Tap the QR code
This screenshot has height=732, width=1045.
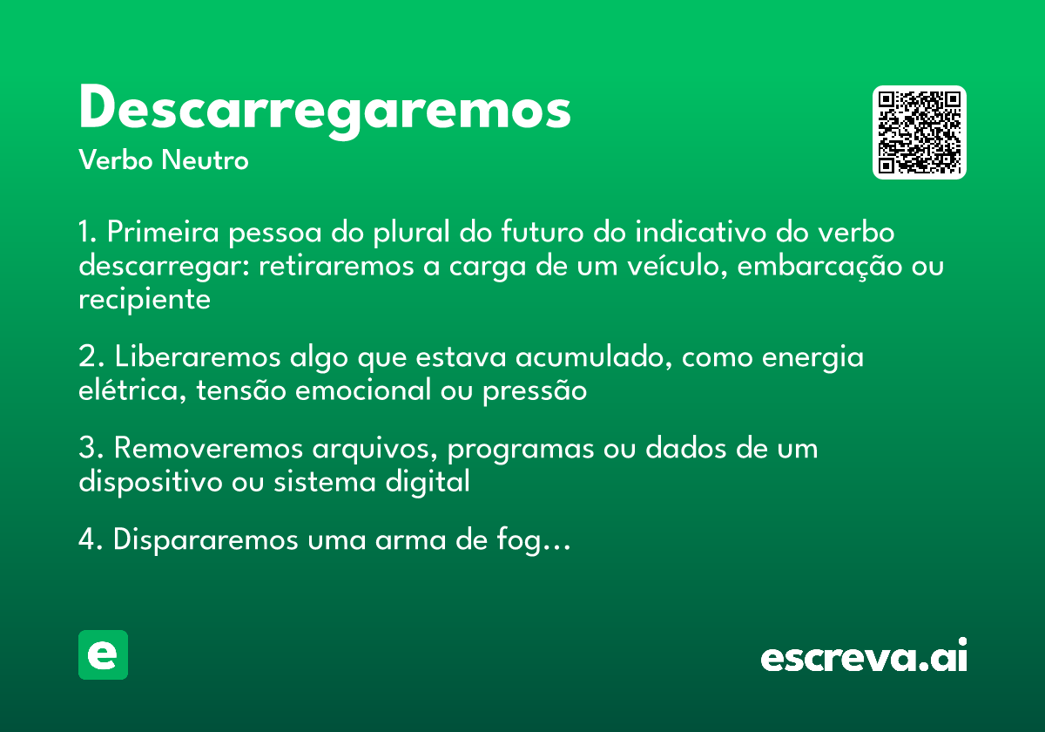point(920,132)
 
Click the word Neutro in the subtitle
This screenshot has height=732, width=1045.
point(205,161)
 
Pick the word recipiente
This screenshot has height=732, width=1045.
point(145,299)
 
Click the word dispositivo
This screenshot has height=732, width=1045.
point(147,481)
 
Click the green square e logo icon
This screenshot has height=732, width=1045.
point(103,654)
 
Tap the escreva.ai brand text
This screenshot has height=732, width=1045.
point(864,657)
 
